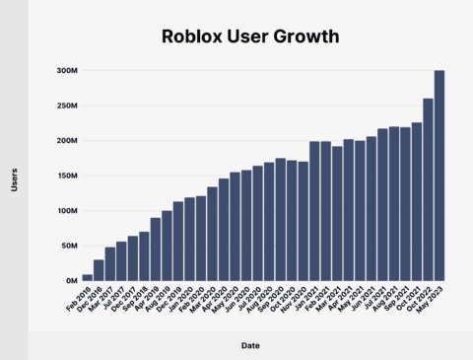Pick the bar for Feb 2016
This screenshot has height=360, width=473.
(x=87, y=277)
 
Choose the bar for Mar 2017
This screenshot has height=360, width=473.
(x=110, y=263)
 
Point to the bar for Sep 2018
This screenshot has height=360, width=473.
(x=144, y=256)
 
